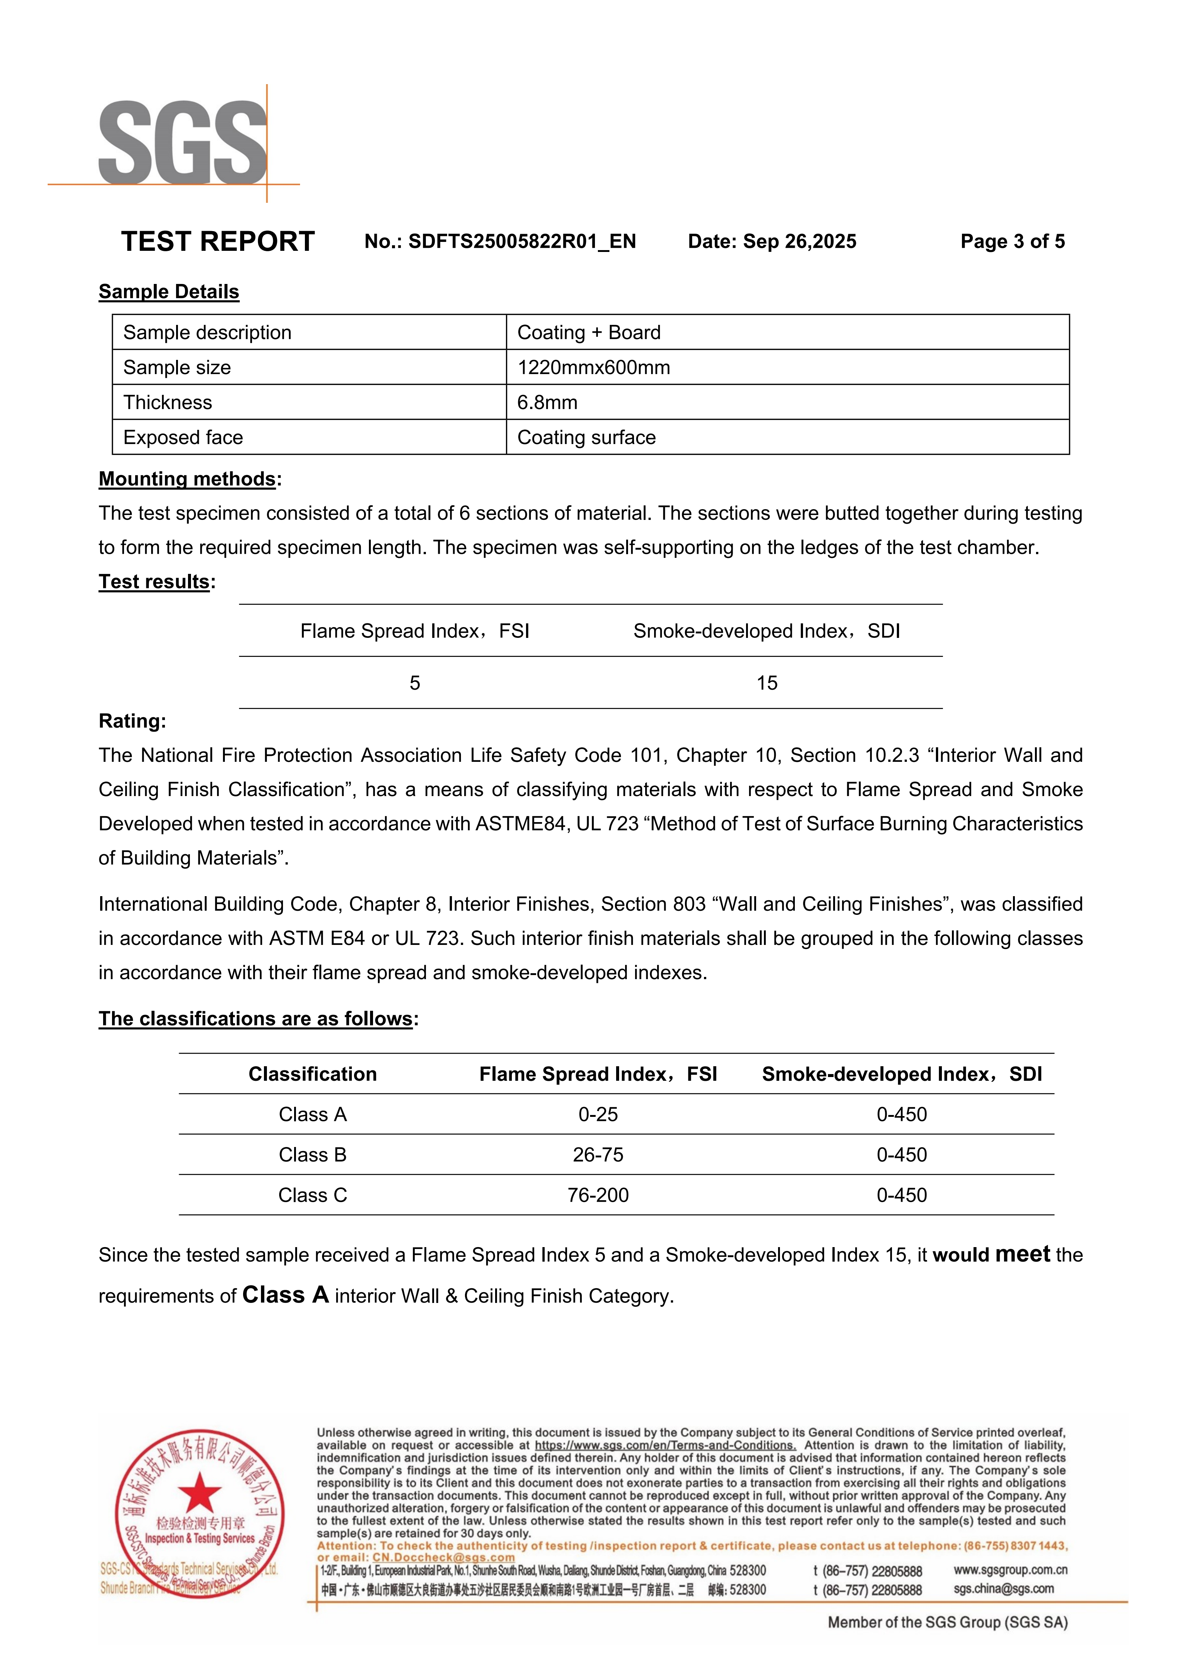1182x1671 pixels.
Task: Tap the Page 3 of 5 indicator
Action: coord(1012,242)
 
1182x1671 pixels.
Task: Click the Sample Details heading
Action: coord(169,292)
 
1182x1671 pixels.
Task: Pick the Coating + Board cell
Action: coord(589,333)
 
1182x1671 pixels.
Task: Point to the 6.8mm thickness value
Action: coord(547,402)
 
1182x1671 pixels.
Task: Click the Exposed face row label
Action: coord(183,437)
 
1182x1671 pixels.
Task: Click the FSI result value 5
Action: coord(415,683)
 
